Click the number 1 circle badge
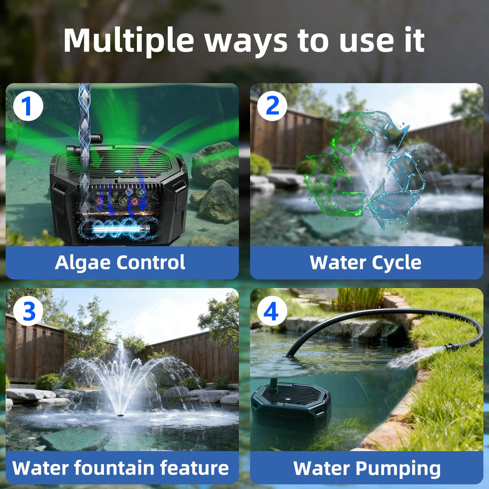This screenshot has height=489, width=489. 28,106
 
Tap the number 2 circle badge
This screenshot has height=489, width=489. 272,106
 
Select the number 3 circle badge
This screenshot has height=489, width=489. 28,311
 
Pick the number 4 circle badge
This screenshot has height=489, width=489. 272,311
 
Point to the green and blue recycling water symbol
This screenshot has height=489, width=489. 364,170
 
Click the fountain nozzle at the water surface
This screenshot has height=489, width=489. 120,415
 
